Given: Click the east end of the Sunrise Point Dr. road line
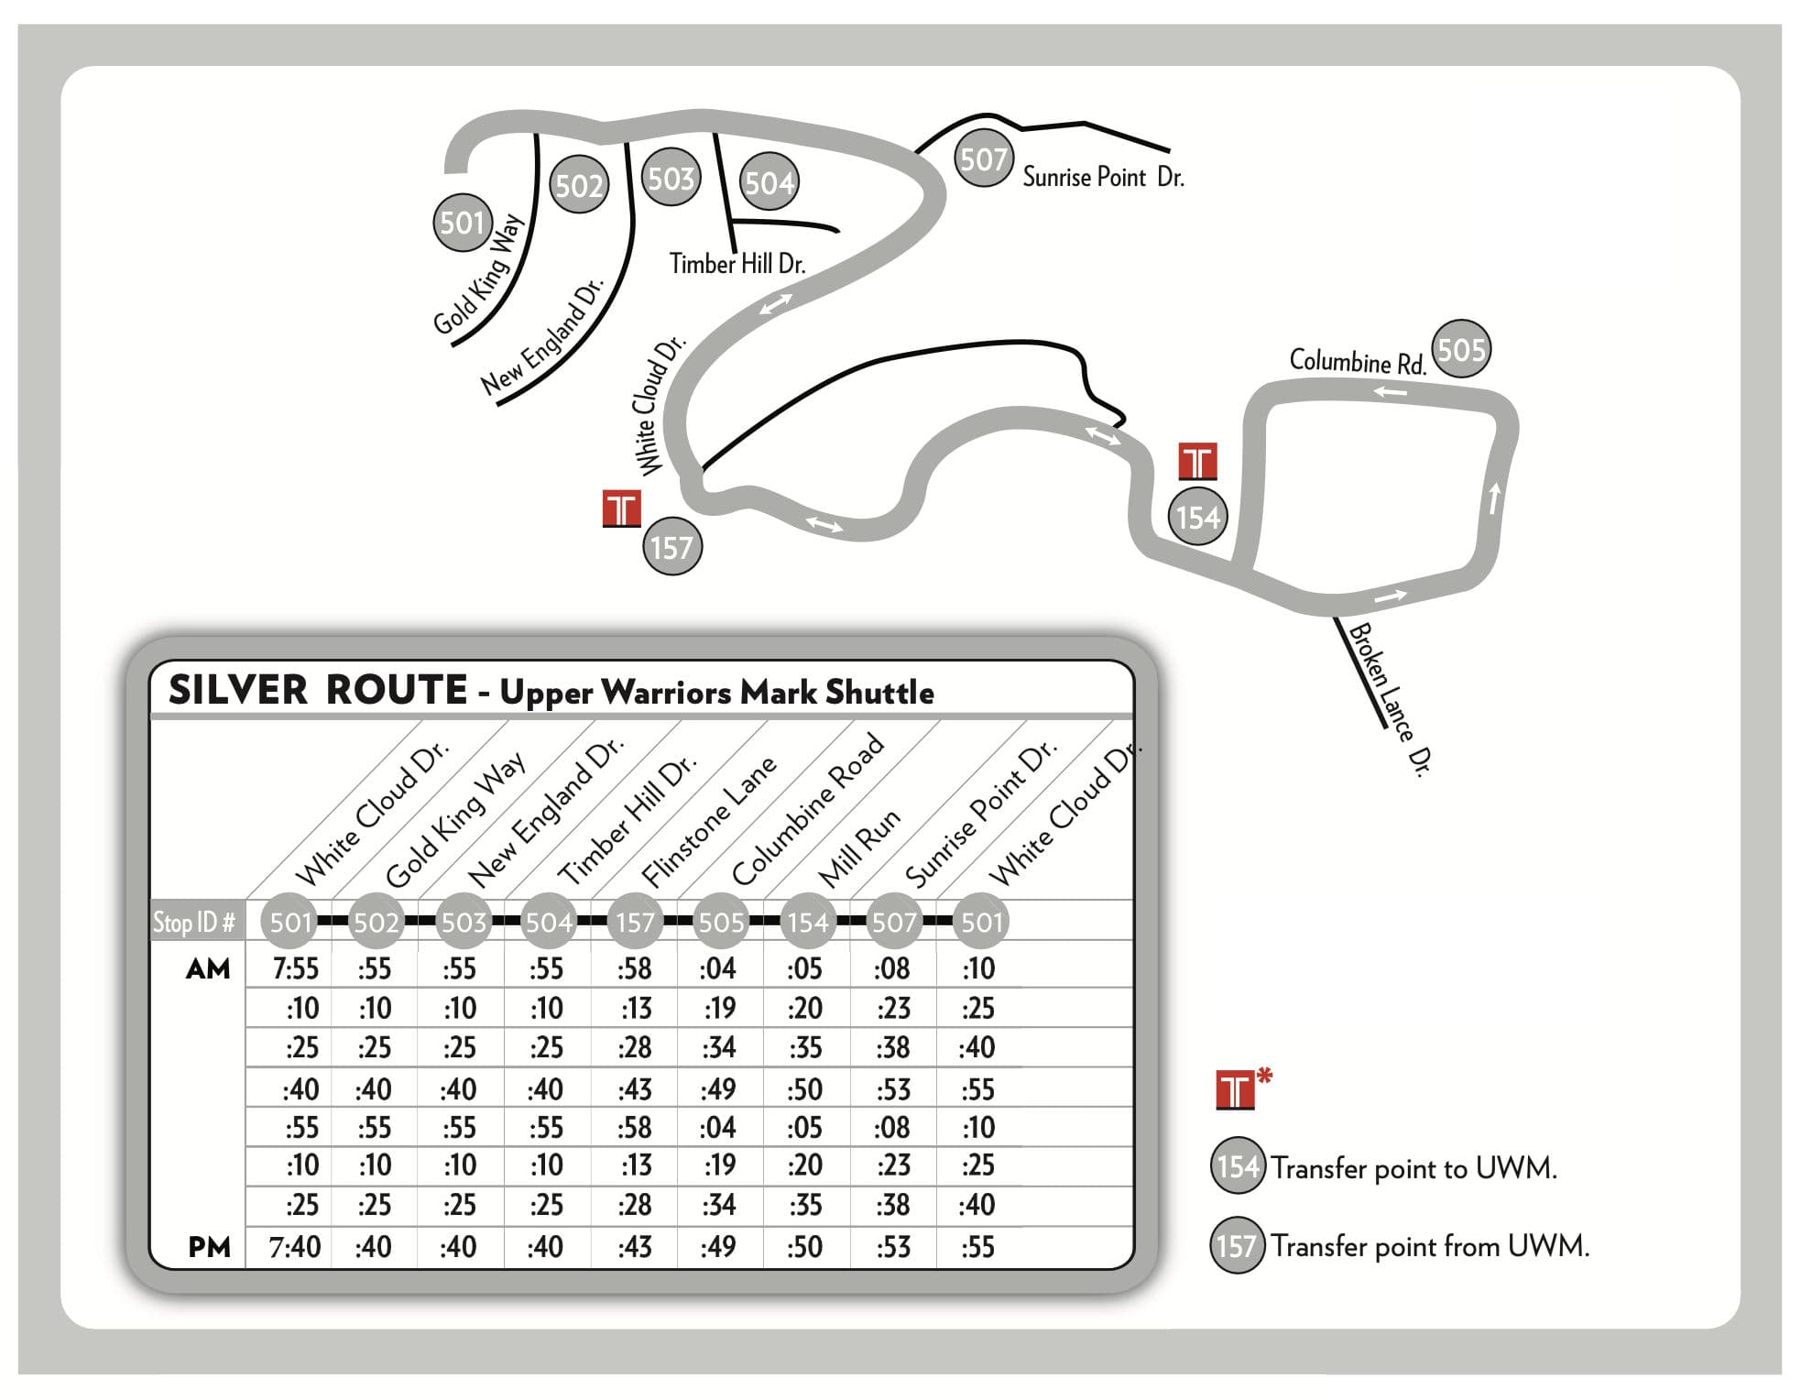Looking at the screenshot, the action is tap(1170, 150).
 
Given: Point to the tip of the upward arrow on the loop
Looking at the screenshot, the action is tap(1496, 483).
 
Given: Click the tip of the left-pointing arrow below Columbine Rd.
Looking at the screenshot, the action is tap(1374, 392).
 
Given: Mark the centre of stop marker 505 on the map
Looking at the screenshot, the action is tap(1461, 349).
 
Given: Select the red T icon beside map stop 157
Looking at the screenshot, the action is tap(622, 509).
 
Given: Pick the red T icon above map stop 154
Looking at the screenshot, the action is tap(1197, 461).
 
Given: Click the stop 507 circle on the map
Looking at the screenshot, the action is tap(983, 159).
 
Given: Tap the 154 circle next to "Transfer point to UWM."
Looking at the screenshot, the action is tap(1239, 1166).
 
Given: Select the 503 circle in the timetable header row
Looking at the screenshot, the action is tap(463, 922).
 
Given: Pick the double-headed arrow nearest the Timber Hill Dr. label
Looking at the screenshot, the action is tap(776, 302).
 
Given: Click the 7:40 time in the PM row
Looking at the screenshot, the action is tap(295, 1247).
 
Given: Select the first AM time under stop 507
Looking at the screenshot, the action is tap(892, 968).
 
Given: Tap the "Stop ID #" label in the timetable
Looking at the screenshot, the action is tap(194, 922).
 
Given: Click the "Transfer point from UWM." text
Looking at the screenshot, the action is tap(1430, 1246).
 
